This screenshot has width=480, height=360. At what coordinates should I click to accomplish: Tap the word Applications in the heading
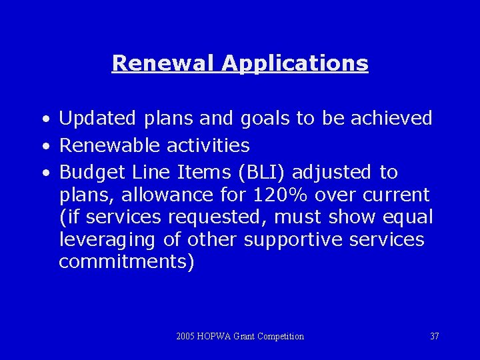(295, 64)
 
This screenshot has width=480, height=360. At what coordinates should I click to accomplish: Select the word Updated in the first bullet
(96, 119)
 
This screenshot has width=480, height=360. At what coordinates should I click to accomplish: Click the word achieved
(391, 118)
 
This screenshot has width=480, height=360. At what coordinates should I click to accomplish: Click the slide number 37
(434, 336)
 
